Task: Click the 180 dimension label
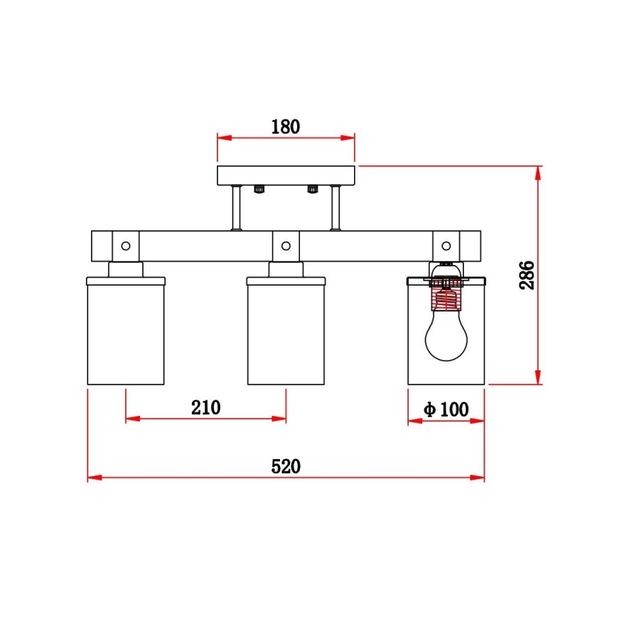tap(286, 127)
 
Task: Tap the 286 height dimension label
tap(526, 275)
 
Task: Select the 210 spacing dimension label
tap(205, 407)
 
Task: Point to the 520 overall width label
tap(286, 466)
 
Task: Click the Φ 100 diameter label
tap(446, 409)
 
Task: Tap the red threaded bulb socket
tap(446, 293)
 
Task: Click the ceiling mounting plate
tap(286, 175)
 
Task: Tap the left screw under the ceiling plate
tap(259, 189)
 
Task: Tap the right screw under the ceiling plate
tap(312, 189)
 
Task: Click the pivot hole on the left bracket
tap(126, 246)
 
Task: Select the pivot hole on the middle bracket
tap(286, 246)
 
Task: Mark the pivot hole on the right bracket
tap(446, 246)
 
